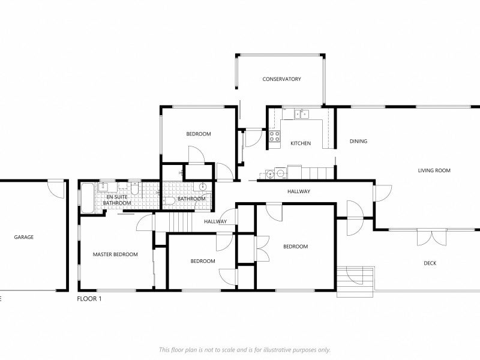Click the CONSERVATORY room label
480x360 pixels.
pos(281,79)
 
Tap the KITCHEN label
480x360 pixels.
pos(301,143)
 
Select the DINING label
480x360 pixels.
pos(358,141)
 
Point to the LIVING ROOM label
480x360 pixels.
pos(434,170)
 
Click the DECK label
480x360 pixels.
pos(430,263)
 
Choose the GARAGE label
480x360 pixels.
pos(24,237)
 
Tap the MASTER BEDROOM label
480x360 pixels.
pos(115,254)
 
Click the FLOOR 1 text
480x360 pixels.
pos(89,299)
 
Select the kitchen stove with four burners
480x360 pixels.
pos(275,137)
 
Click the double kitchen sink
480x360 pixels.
pos(302,114)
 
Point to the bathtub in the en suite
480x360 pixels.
pos(88,198)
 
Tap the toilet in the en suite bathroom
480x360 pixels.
pos(134,188)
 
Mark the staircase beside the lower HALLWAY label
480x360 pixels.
pos(181,222)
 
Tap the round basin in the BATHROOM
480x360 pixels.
pos(203,186)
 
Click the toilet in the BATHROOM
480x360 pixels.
pos(169,201)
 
